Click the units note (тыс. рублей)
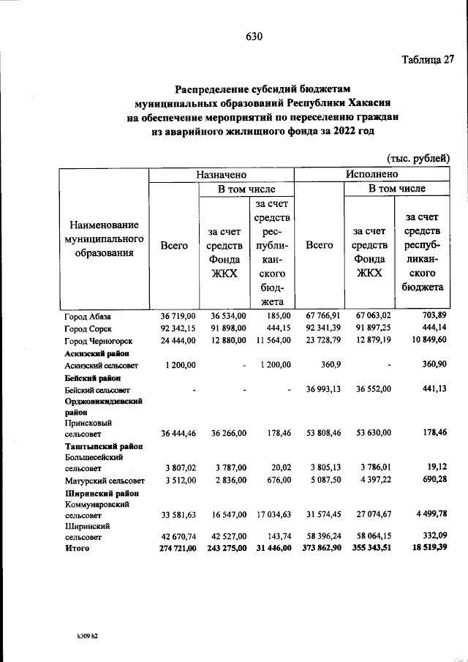[417, 158]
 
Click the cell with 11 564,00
[272, 340]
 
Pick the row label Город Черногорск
[98, 340]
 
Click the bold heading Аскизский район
[92, 353]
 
